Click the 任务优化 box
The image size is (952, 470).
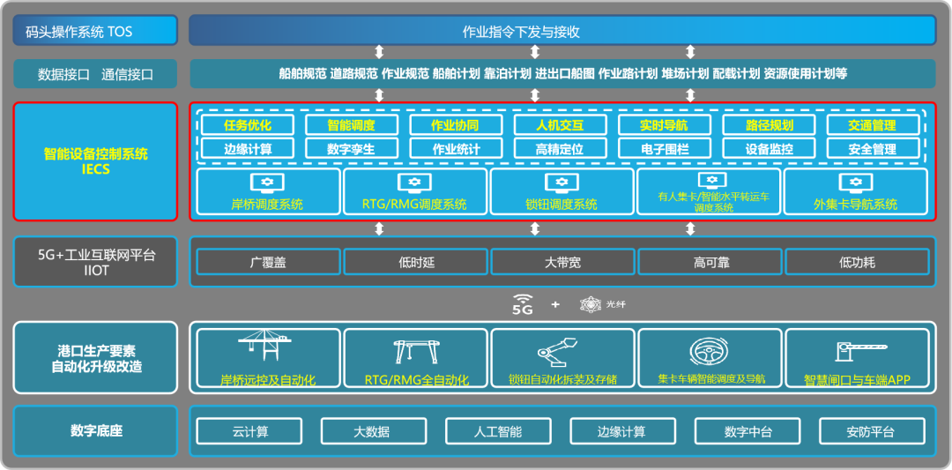point(248,125)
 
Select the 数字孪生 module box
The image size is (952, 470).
point(352,149)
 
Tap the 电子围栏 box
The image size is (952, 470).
point(664,149)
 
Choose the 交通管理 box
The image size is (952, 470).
point(872,125)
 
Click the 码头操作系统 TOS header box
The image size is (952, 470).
point(95,31)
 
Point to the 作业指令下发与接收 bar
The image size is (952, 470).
point(562,31)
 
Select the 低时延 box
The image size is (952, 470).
point(415,262)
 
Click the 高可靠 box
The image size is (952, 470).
point(710,262)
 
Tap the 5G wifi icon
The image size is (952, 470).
point(523,304)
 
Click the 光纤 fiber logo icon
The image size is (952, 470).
point(590,304)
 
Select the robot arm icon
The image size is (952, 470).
point(561,350)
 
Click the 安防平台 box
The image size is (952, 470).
point(871,431)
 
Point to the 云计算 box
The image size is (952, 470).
point(250,431)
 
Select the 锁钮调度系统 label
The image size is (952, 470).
point(562,205)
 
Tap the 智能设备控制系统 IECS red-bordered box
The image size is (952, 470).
point(95,161)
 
